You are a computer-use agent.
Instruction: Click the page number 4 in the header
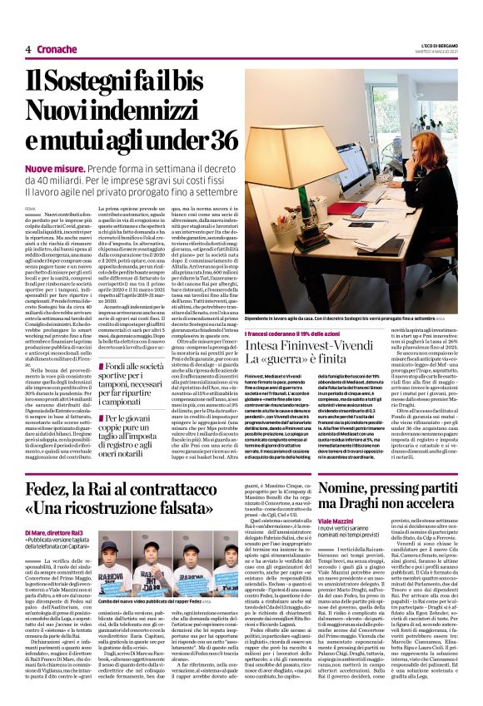[x=28, y=49]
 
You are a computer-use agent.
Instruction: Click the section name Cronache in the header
[x=56, y=49]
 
